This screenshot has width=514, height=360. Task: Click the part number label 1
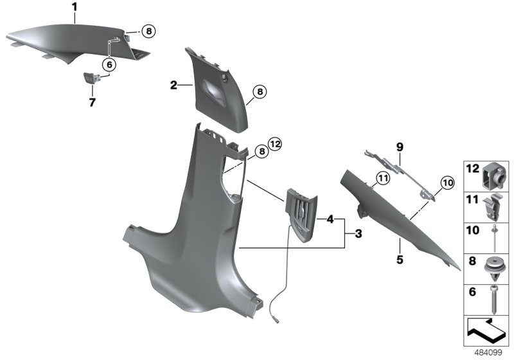click(x=74, y=7)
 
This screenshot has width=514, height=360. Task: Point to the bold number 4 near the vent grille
click(x=330, y=219)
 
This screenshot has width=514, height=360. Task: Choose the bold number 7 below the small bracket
click(x=91, y=102)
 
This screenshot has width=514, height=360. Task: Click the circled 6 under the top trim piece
click(x=109, y=64)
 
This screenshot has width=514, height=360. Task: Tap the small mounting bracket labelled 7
click(x=91, y=79)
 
